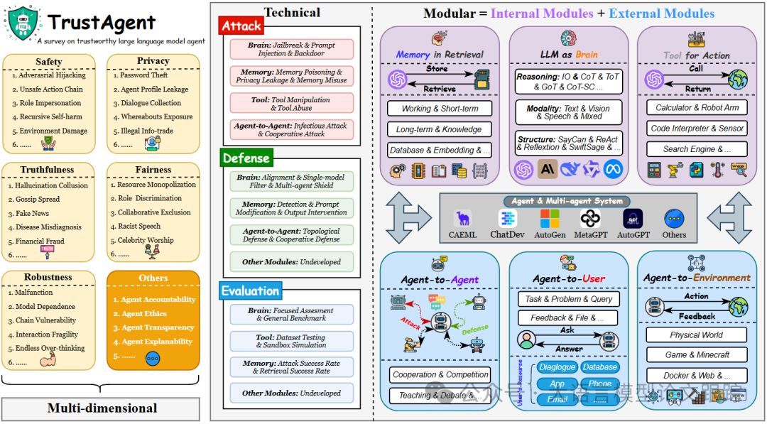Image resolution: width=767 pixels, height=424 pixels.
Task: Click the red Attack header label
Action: coord(241,26)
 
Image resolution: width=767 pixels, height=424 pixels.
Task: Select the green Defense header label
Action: coord(246,158)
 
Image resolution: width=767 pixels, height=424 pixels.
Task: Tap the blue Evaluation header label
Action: coord(251,290)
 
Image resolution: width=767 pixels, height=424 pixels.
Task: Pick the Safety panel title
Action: coord(48,62)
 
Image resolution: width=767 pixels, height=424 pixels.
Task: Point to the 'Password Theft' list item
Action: coord(144,75)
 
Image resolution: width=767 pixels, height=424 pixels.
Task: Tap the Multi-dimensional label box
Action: coord(102,408)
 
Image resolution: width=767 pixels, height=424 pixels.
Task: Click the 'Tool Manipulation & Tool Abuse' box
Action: coord(291,104)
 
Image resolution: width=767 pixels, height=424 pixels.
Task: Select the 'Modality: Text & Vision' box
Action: coord(568,112)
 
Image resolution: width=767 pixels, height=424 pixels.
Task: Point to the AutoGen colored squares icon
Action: coord(549,219)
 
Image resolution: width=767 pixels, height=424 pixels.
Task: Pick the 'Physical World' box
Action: coord(696,335)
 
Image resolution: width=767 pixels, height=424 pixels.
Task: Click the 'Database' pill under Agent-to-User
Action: coord(599,367)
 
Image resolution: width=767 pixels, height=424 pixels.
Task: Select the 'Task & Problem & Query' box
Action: coord(568,299)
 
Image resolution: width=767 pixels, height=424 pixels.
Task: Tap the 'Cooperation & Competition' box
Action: coord(441,374)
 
